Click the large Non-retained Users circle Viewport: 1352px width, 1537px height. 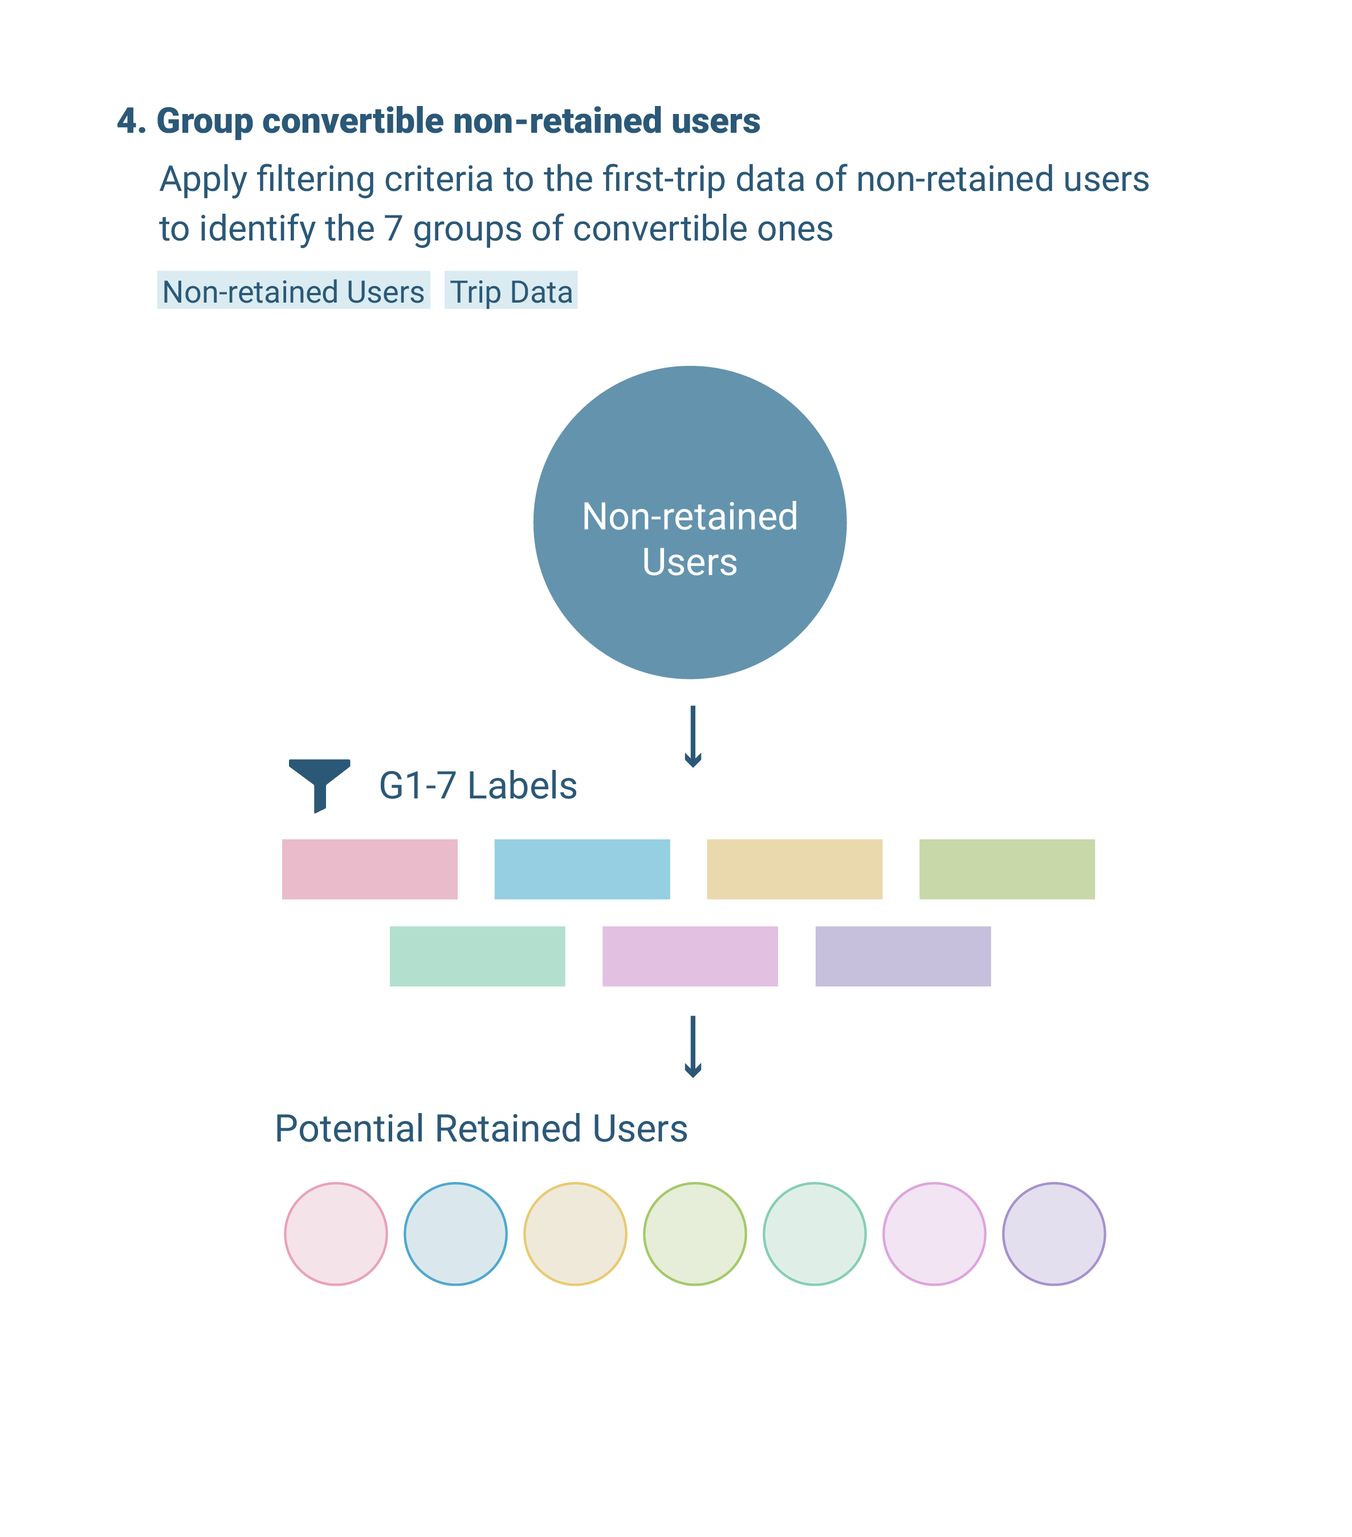click(x=690, y=522)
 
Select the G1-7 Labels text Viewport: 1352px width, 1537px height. click(x=478, y=785)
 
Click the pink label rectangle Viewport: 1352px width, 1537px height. click(x=369, y=869)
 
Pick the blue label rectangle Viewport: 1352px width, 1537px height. click(x=582, y=869)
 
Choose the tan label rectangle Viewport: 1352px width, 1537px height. click(x=794, y=869)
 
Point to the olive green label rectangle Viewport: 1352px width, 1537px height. click(x=1007, y=869)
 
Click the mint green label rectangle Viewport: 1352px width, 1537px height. click(x=477, y=956)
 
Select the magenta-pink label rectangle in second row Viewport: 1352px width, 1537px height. click(x=690, y=956)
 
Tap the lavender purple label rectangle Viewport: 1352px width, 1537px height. click(x=903, y=956)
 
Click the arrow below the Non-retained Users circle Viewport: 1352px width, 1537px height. click(x=693, y=736)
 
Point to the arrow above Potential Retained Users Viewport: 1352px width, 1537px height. click(x=693, y=1047)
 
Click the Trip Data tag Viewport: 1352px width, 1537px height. click(x=511, y=290)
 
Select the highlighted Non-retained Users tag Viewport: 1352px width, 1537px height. click(x=294, y=290)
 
